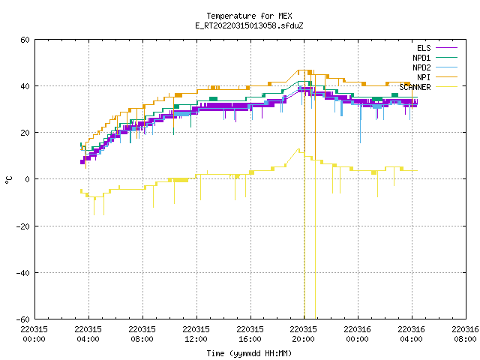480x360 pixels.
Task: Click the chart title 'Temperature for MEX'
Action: pos(249,16)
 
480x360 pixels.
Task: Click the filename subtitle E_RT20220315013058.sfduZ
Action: pos(249,25)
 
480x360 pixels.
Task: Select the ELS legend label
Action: pos(424,48)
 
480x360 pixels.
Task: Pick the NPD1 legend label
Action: pos(421,58)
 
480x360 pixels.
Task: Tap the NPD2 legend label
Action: pos(421,67)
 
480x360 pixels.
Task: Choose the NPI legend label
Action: pos(424,77)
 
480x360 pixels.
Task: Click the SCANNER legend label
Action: pos(415,87)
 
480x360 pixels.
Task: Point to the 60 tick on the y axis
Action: pos(25,40)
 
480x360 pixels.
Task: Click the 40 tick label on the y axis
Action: pos(25,86)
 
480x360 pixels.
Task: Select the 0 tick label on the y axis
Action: pos(28,179)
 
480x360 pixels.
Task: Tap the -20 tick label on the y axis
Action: pos(23,226)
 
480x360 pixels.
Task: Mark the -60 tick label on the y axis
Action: pos(23,319)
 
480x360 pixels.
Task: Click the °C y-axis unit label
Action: pos(8,180)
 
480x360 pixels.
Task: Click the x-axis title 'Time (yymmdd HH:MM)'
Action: pos(249,353)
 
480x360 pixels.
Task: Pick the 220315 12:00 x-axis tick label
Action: pos(196,334)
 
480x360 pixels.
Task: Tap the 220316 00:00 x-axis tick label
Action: pos(358,334)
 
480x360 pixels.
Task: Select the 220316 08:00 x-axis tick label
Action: pos(465,334)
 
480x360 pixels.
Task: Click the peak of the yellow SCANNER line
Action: pos(298,148)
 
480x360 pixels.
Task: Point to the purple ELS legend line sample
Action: pos(446,48)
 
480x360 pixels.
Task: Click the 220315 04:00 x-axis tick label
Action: pos(88,334)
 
